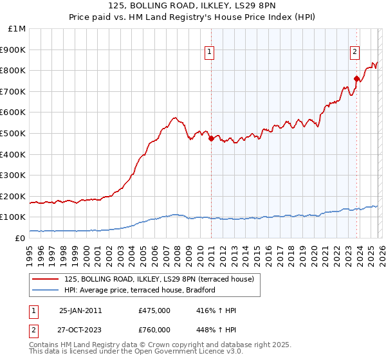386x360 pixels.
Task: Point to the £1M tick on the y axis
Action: click(17, 28)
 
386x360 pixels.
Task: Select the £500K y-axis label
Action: click(14, 133)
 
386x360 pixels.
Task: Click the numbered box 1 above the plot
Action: click(210, 53)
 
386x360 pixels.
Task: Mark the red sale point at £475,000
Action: click(211, 138)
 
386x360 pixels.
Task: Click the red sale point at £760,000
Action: click(356, 78)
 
